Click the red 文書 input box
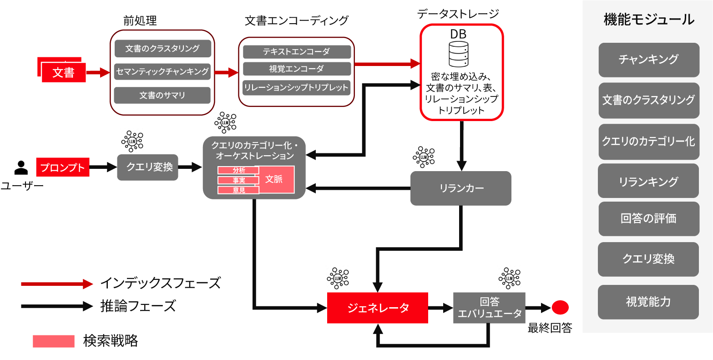tap(63, 72)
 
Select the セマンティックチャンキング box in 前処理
tap(162, 71)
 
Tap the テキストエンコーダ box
tap(296, 52)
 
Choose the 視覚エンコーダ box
tap(296, 69)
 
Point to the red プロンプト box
tap(63, 167)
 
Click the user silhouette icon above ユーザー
tap(21, 168)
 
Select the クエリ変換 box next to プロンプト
tap(147, 167)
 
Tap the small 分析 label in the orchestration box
tap(238, 170)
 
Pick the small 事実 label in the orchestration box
tap(238, 180)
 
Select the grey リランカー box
tap(461, 188)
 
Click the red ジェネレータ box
tap(378, 308)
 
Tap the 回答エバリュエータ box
tap(489, 308)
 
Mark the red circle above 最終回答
tap(560, 308)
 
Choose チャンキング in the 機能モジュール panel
tap(648, 60)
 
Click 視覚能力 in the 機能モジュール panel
tap(648, 302)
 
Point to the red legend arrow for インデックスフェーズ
tap(57, 284)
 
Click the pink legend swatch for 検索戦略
tap(53, 341)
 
